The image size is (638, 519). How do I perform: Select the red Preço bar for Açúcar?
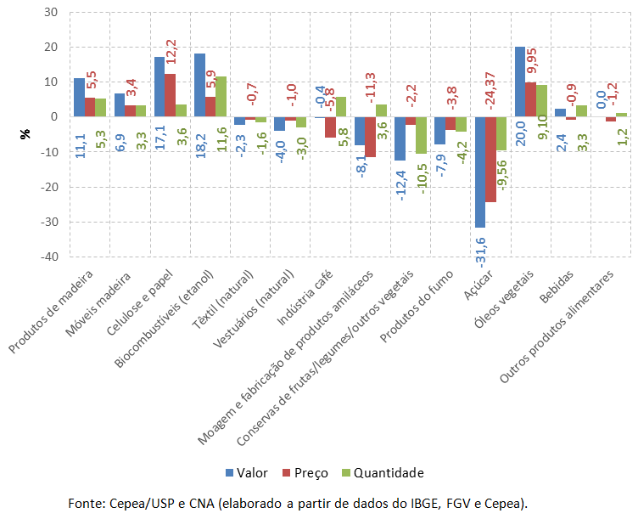(x=490, y=159)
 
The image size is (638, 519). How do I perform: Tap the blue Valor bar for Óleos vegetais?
(x=520, y=82)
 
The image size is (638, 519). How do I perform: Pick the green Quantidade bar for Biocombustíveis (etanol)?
(x=220, y=96)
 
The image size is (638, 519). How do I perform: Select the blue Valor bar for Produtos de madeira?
(x=79, y=97)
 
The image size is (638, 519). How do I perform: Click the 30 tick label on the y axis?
(x=51, y=13)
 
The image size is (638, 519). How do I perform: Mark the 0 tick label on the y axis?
(x=54, y=117)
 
